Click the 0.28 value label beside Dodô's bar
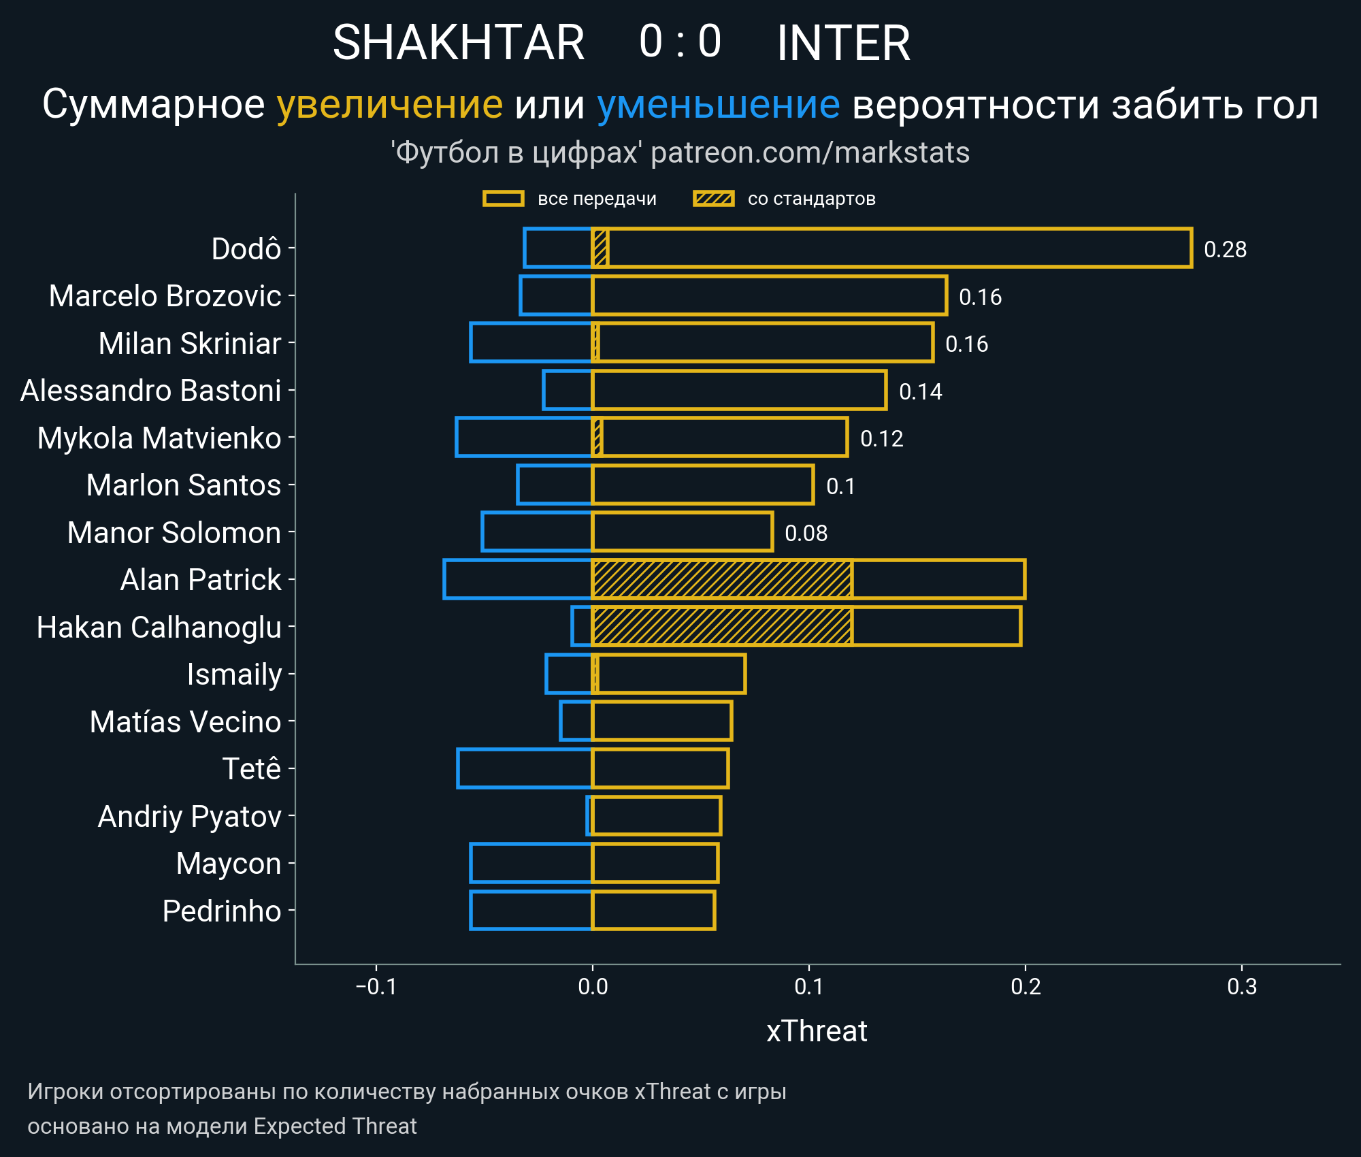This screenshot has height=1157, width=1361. [x=1225, y=249]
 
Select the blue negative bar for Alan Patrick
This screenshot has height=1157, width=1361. [x=517, y=579]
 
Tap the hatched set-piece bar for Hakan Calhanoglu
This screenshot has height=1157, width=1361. [x=721, y=626]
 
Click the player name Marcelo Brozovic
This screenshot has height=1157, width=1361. [x=165, y=296]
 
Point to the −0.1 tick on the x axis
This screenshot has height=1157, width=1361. [x=376, y=986]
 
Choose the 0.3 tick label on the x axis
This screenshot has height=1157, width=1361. [x=1242, y=986]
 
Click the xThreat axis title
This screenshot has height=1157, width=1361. [x=817, y=1031]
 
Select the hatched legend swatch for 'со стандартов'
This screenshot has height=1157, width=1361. [x=713, y=199]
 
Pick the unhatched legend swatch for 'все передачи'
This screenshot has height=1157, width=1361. [x=503, y=199]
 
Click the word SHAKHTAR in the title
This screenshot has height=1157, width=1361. [x=459, y=43]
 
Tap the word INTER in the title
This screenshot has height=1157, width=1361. [x=843, y=43]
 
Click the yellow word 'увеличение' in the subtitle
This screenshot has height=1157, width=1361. [x=389, y=105]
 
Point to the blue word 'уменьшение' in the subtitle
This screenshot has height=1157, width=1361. [x=718, y=105]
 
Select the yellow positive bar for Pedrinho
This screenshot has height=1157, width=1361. [x=653, y=910]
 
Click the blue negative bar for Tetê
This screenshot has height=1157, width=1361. [x=525, y=768]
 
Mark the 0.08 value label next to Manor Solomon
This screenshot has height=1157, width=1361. [x=806, y=533]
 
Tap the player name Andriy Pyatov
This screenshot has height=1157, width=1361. [x=189, y=816]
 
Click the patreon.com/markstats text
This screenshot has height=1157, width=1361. [x=810, y=152]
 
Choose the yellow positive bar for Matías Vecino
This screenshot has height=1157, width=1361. [x=661, y=721]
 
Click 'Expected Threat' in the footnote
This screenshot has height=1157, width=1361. [x=335, y=1126]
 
